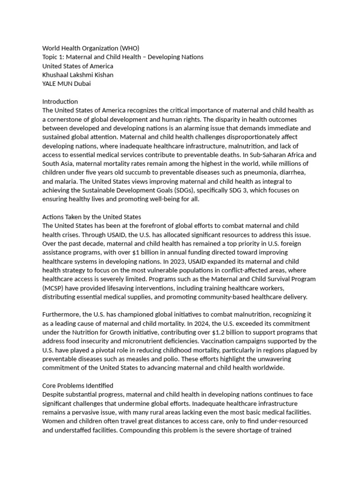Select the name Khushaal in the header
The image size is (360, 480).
point(57,75)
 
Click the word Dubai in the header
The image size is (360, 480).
point(82,83)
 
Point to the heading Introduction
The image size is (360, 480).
point(60,101)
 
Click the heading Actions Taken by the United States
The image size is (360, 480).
point(91,217)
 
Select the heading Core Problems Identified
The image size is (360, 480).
point(77,386)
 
